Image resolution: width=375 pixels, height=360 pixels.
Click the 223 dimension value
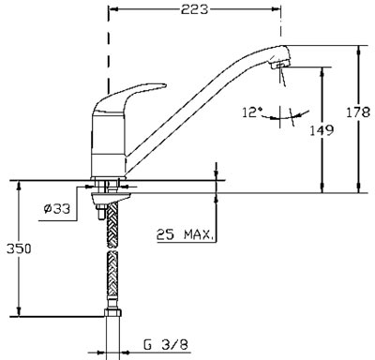194,9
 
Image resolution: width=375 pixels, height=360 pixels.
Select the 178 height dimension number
358,112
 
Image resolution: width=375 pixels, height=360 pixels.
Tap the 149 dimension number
322,130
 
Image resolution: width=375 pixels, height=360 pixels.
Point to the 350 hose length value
19,249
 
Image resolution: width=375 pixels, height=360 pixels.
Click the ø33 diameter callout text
57,209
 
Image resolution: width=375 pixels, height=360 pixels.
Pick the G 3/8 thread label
167,345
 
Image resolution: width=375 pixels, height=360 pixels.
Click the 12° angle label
253,112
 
